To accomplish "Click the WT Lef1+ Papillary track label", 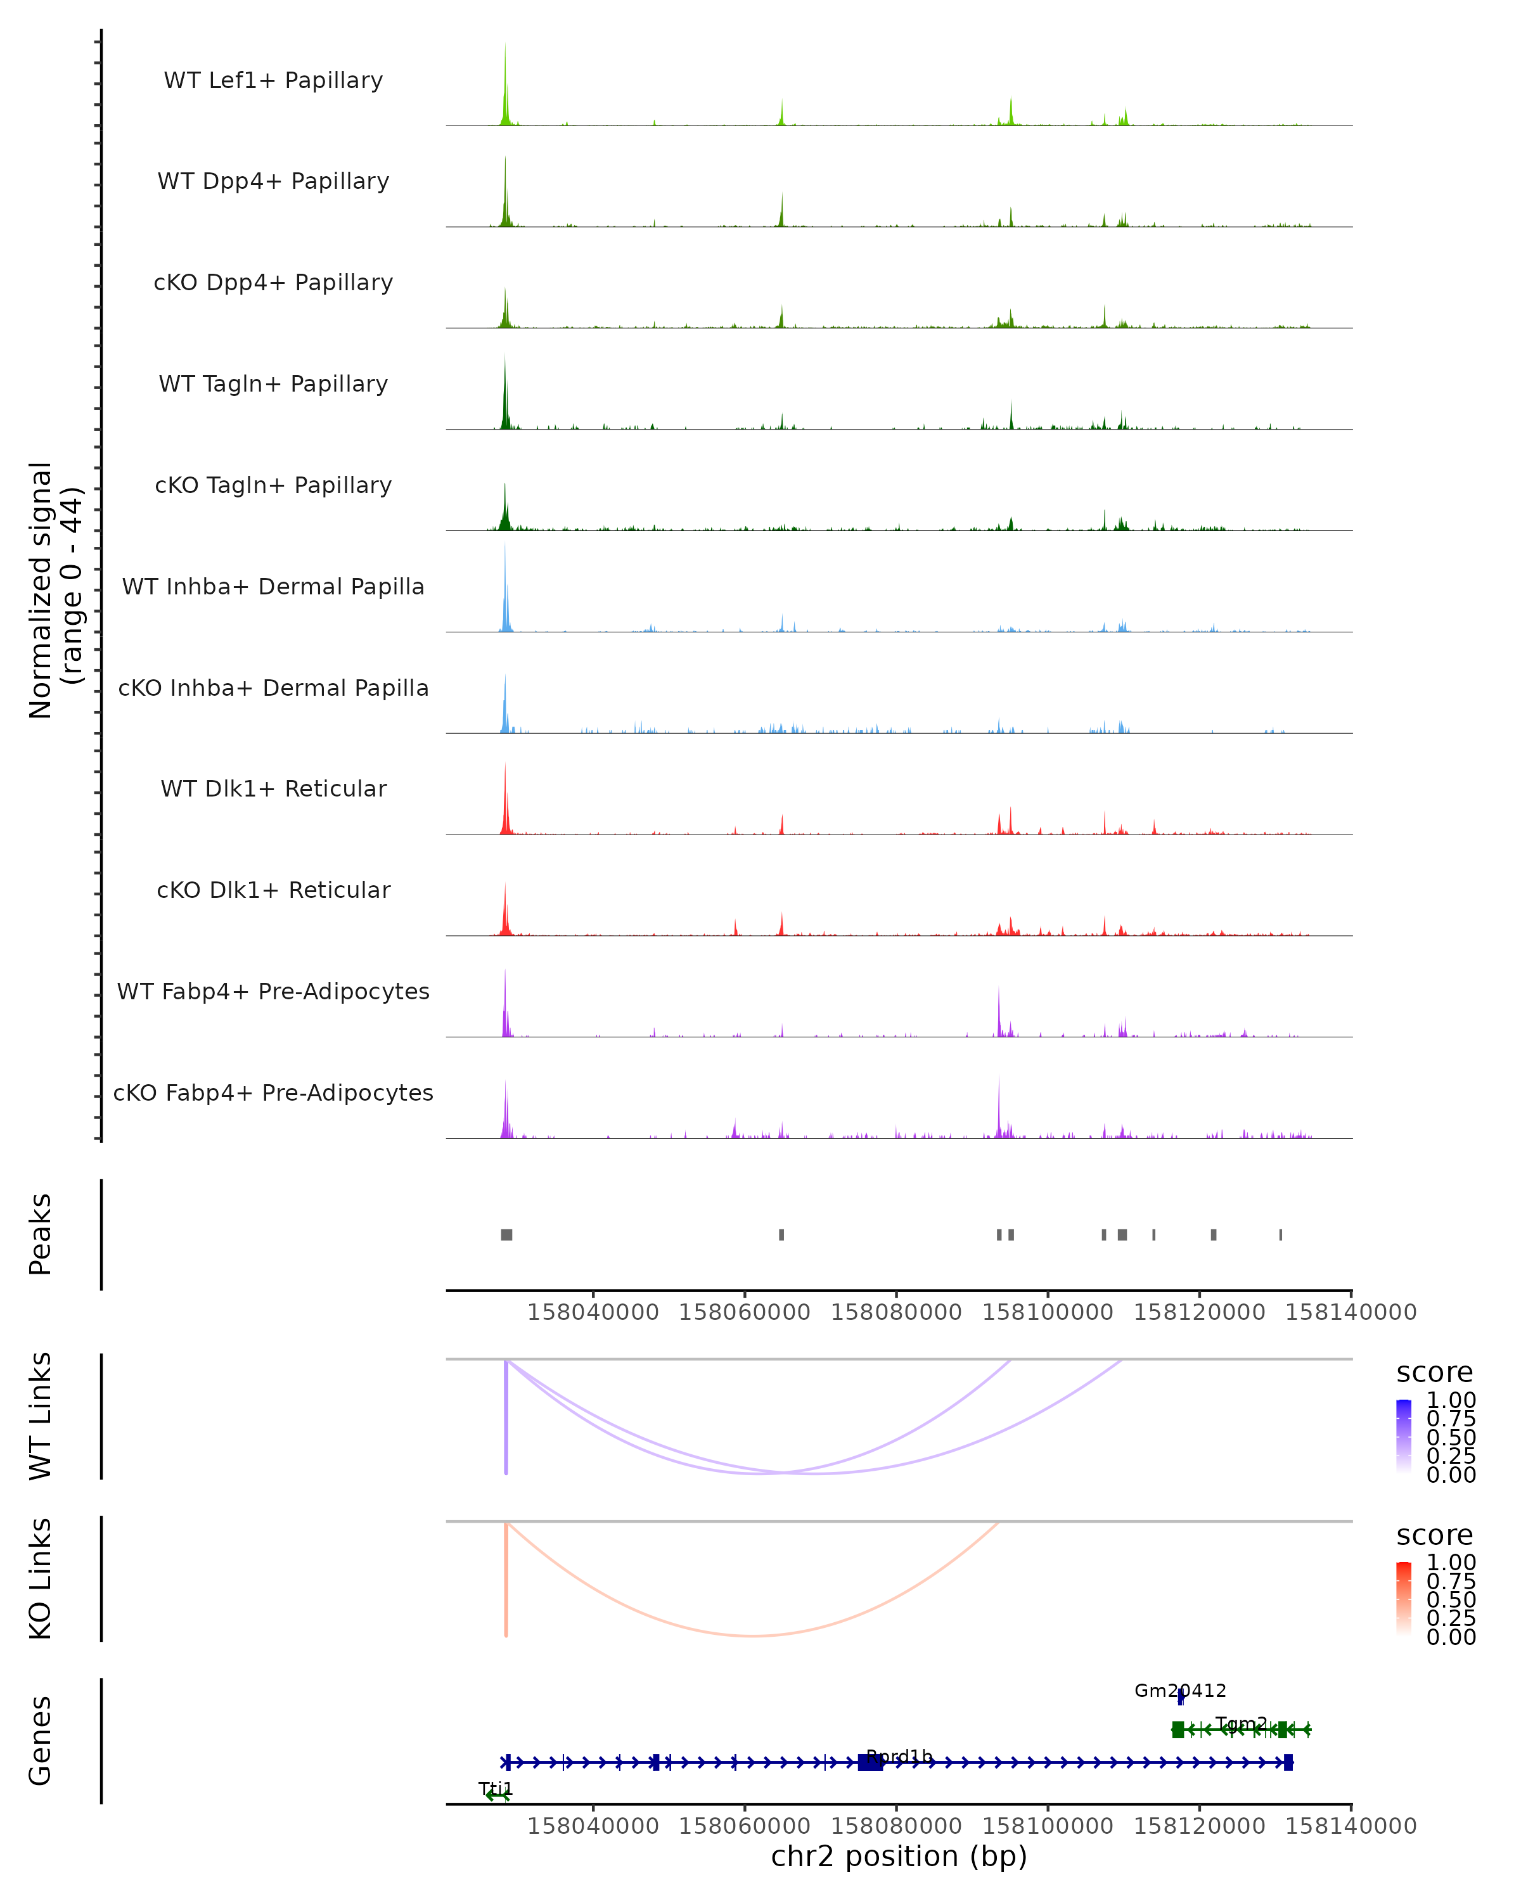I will [x=273, y=80].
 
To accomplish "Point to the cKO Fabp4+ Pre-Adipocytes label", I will [x=273, y=1092].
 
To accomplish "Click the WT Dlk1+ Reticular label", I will [x=273, y=788].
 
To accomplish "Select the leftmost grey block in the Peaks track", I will [x=506, y=1234].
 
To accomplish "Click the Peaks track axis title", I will [x=41, y=1234].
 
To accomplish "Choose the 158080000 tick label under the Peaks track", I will [x=896, y=1312].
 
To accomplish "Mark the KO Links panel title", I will [x=41, y=1578].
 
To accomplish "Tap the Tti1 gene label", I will [x=496, y=1788].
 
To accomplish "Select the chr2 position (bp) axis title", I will [x=899, y=1856].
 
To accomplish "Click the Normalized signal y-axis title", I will [x=55, y=590].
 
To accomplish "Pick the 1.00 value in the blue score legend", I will [x=1451, y=1400].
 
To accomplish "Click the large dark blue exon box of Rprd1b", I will [x=870, y=1762].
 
